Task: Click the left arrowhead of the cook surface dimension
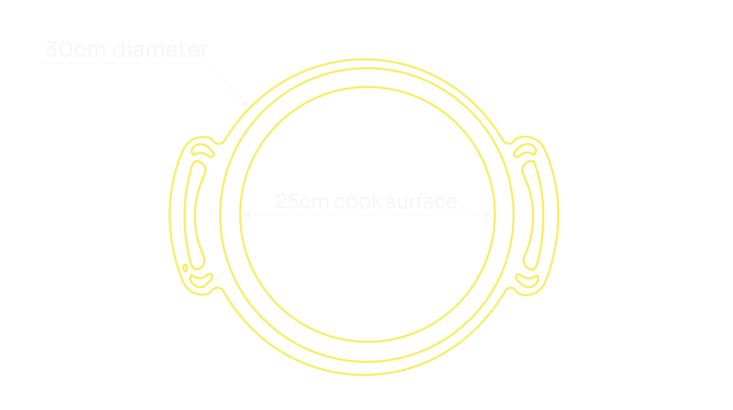(245, 215)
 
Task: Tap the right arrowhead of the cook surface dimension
(488, 215)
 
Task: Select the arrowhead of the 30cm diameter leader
(245, 103)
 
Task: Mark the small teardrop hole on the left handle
(185, 268)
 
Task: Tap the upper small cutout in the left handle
(202, 150)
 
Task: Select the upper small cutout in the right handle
(525, 150)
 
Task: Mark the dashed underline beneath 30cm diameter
(125, 63)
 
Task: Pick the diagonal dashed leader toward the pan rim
(227, 84)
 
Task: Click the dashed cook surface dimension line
(366, 215)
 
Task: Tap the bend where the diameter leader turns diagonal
(207, 63)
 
